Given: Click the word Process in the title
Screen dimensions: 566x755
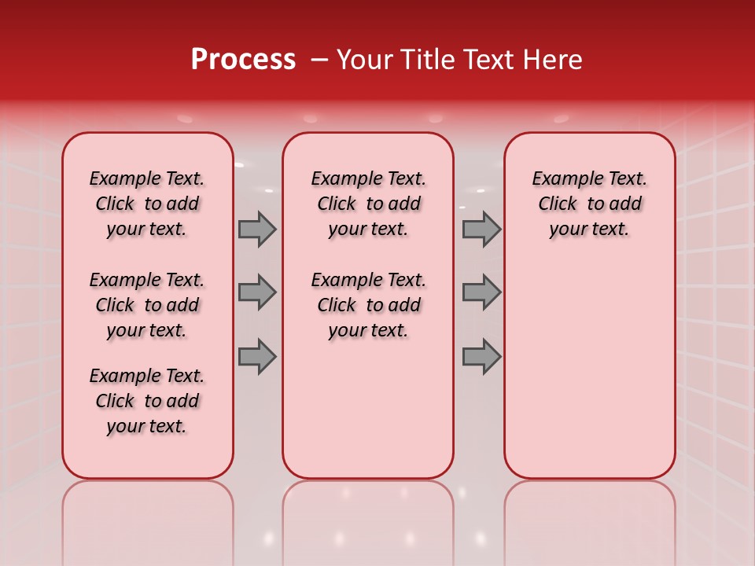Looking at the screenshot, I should click(x=243, y=60).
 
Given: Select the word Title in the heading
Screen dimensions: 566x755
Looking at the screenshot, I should click(x=427, y=60).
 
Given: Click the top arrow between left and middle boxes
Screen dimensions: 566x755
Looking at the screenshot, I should click(x=257, y=229).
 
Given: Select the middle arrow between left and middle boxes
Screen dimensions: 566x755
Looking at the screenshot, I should click(x=257, y=292).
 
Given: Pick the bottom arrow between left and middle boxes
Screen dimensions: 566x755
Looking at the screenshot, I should click(x=257, y=356).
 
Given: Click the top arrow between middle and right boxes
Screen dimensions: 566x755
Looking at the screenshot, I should click(x=481, y=229).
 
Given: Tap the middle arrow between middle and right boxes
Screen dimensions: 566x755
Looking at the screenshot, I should click(x=481, y=292).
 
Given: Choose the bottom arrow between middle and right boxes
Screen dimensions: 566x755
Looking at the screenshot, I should click(x=481, y=356).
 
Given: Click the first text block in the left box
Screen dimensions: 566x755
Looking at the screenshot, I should click(x=147, y=204).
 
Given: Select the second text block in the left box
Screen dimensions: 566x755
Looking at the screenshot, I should click(x=147, y=305).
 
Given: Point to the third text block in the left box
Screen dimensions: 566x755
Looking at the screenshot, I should click(x=147, y=401).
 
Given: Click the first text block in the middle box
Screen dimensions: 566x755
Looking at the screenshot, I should click(x=369, y=204).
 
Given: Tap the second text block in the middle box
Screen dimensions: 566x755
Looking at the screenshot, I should click(x=369, y=305).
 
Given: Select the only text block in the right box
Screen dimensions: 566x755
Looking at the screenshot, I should click(x=590, y=204).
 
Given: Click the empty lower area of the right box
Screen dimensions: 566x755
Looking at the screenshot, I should click(x=590, y=369).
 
